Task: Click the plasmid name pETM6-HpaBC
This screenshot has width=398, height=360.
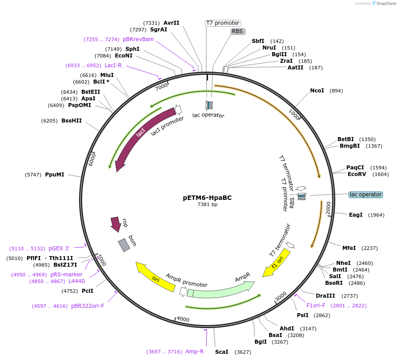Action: (207, 198)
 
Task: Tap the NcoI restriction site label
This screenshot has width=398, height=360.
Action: (317, 91)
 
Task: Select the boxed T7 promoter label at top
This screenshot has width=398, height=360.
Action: (223, 23)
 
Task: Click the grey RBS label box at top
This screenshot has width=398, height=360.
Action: (238, 31)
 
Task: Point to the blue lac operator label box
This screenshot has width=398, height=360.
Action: (365, 195)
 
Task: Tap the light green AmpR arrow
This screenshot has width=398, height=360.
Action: (221, 290)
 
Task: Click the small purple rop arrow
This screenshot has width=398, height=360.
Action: (116, 224)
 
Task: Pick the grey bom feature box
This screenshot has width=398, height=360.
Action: (124, 245)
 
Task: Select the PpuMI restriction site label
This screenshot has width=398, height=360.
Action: (54, 175)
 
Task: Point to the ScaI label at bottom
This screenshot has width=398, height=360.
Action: (221, 352)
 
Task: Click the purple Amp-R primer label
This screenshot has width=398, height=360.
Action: (194, 352)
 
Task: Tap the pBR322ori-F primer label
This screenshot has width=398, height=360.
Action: (87, 306)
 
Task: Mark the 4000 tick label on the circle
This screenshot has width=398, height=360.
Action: (182, 319)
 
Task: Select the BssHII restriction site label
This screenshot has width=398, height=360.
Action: (72, 120)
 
